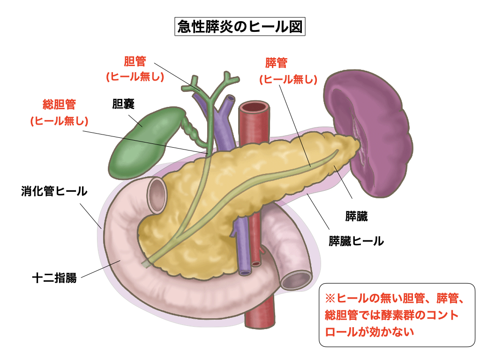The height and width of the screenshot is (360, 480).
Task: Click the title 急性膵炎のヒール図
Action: [240, 26]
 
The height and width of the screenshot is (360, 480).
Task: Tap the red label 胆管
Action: [135, 61]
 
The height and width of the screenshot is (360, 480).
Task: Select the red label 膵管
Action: [276, 63]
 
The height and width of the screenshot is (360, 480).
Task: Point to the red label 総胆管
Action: [59, 104]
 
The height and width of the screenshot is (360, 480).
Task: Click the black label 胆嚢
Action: [123, 104]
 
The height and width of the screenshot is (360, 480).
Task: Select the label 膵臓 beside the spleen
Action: [356, 217]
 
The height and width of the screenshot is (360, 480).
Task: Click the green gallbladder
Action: [141, 141]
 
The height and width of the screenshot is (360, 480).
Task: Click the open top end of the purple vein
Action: [230, 98]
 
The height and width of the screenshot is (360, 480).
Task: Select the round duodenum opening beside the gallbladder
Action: [157, 193]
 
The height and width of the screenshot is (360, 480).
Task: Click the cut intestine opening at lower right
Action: [296, 280]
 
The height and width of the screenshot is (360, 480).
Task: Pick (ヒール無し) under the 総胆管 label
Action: [59, 121]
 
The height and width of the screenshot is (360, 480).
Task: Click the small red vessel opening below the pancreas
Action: [256, 264]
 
